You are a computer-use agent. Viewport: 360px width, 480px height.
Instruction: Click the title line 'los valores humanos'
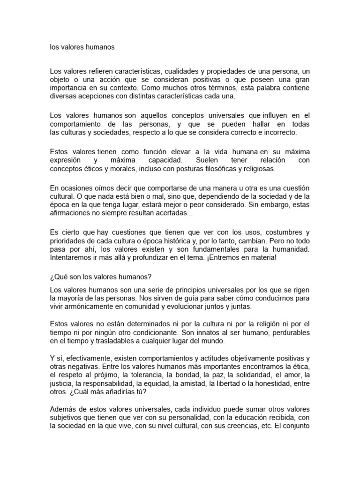point(82,47)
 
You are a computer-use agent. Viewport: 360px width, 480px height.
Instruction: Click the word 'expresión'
point(66,160)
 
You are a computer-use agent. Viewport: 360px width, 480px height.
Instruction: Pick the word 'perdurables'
point(289,332)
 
